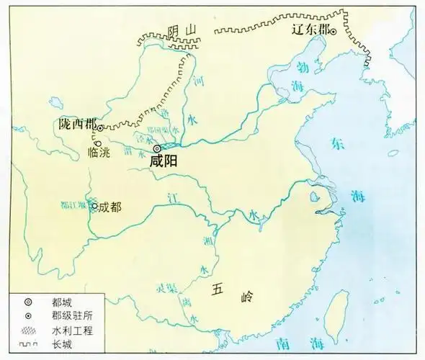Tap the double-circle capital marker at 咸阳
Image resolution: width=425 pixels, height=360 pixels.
pos(157,148)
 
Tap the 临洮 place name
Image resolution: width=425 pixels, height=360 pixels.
pos(98,152)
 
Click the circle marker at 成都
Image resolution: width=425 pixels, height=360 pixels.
pos(94,205)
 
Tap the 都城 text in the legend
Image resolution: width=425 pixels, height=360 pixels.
pos(62,302)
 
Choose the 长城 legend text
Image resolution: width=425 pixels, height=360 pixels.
pos(62,346)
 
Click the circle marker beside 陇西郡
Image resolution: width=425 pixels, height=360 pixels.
pos(100,127)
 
